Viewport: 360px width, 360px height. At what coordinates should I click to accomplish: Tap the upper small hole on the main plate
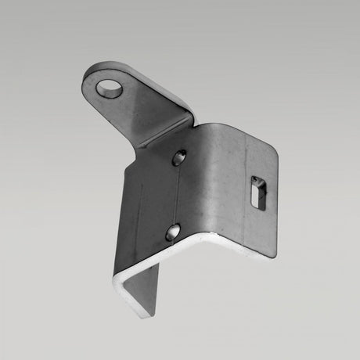[179, 157]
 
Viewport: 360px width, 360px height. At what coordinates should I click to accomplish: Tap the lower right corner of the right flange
[274, 255]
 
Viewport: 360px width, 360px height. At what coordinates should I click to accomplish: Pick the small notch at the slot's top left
[251, 182]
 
